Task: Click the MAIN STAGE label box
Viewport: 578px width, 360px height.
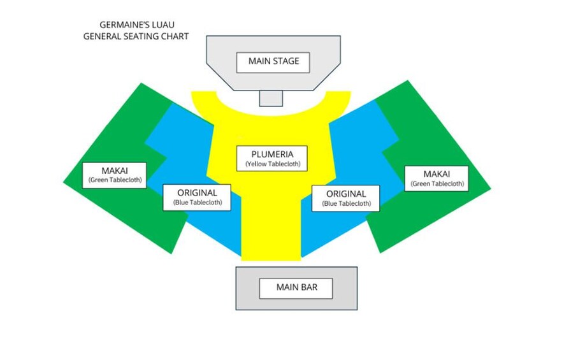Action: click(273, 62)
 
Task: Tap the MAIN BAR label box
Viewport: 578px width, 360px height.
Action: click(296, 287)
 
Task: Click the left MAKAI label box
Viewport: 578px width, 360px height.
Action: click(115, 175)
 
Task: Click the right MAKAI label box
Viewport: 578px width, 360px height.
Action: click(437, 178)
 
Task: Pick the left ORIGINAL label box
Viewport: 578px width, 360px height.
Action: click(197, 197)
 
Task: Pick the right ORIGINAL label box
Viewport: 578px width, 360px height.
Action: click(346, 198)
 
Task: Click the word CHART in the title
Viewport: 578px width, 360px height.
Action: click(175, 36)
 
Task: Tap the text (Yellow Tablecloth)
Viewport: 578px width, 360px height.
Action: click(272, 164)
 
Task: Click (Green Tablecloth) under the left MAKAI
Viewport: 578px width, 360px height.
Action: click(115, 181)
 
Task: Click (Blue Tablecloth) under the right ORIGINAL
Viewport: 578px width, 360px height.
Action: click(346, 204)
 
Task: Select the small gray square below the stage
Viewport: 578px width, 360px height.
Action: click(271, 98)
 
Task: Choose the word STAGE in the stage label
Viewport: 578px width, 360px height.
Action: click(291, 62)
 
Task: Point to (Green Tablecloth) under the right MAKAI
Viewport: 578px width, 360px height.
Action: click(437, 184)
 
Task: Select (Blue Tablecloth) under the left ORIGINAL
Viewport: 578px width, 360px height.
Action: click(197, 203)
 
